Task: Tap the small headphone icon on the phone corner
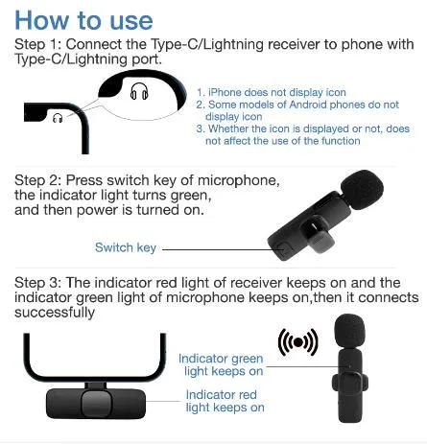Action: click(x=58, y=118)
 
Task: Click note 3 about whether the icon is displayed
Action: click(x=302, y=134)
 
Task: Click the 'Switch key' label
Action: click(x=125, y=247)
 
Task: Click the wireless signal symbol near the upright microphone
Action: click(x=297, y=342)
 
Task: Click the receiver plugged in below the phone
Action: click(x=93, y=402)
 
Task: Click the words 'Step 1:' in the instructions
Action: click(x=39, y=46)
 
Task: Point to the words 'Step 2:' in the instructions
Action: click(x=39, y=181)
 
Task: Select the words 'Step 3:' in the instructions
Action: click(x=39, y=283)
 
